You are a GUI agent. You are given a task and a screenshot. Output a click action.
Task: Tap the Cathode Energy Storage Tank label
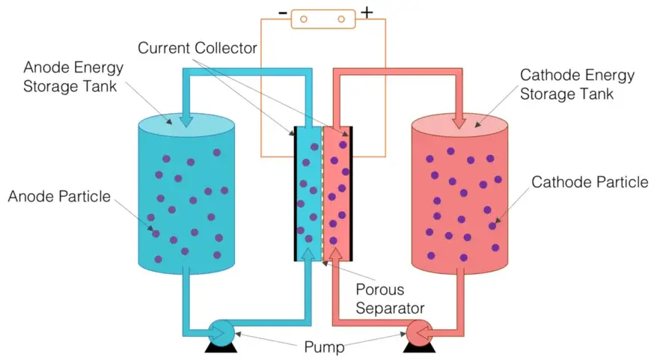[x=577, y=85]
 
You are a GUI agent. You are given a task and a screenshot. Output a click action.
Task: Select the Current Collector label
[x=198, y=49]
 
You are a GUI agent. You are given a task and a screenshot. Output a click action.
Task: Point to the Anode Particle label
[x=58, y=197]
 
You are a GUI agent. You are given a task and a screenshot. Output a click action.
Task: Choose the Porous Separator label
[x=379, y=298]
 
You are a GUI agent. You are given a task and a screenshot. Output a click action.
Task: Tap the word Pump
[x=326, y=347]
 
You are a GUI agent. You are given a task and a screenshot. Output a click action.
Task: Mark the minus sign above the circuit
[x=282, y=13]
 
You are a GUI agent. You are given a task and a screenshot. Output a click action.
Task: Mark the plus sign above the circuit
[x=367, y=12]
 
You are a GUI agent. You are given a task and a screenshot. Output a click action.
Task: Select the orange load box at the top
[x=323, y=18]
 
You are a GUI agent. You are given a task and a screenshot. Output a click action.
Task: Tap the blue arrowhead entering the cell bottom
[x=308, y=257]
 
